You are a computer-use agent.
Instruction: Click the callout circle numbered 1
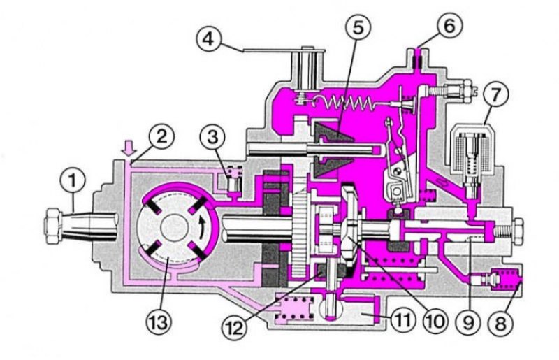point(73,180)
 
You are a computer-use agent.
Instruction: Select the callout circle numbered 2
point(161,136)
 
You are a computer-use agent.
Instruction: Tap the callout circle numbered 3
point(213,137)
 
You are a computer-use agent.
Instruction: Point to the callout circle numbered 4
point(209,39)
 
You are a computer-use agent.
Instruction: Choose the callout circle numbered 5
point(358,28)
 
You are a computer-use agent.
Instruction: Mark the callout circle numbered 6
point(449,27)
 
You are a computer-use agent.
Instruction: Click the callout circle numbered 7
point(496,95)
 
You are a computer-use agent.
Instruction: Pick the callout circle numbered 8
point(501,323)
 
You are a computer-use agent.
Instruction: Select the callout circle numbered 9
point(468,322)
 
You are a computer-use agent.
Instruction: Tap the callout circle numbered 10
point(435,321)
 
